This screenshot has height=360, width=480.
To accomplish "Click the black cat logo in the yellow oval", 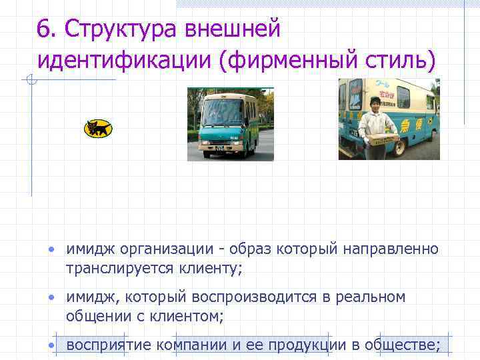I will coord(98,128).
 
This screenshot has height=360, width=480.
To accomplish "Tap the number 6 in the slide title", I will coord(44,30).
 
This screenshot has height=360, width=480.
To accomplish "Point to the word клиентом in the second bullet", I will coord(187,316).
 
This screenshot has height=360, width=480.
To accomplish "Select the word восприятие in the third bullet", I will coord(109,345).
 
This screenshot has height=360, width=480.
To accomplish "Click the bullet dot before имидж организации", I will coord(51,250).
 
